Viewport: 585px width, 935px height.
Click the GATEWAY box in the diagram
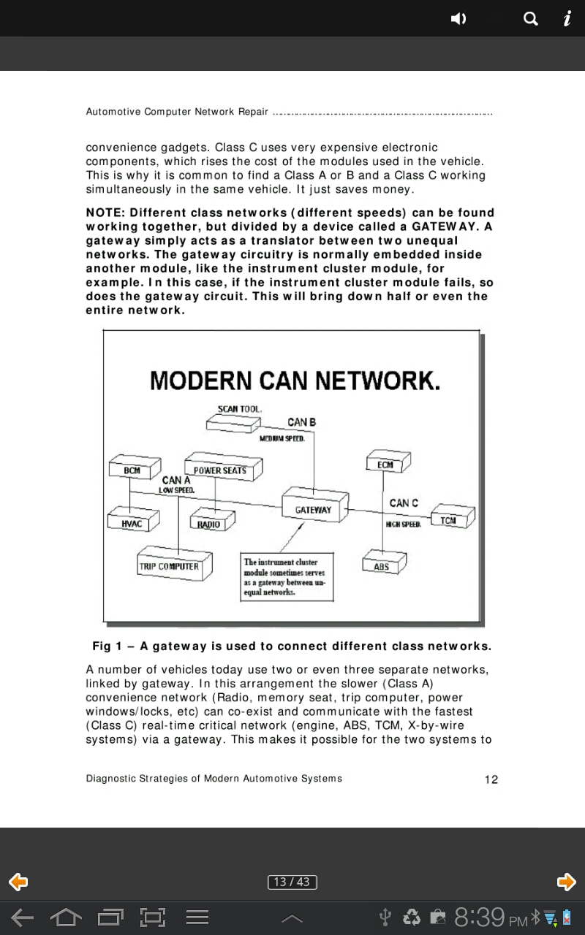pos(313,509)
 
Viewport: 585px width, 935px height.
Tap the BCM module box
pos(132,470)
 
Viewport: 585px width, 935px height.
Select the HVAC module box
pos(132,524)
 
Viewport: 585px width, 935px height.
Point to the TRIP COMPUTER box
pos(169,566)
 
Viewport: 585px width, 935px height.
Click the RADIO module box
pos(209,524)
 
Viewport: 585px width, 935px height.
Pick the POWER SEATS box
pos(219,470)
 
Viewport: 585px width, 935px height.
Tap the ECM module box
pos(385,465)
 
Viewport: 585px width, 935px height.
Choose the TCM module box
pos(448,520)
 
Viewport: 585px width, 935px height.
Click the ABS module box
pos(382,566)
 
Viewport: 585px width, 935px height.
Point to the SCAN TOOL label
pos(240,409)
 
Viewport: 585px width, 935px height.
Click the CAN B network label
pos(302,422)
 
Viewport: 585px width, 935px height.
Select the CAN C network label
pos(404,503)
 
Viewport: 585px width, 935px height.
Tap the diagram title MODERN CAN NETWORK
pos(295,381)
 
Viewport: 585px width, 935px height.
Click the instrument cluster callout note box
pos(287,577)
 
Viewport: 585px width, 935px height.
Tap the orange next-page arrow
pos(566,882)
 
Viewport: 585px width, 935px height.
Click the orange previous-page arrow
pos(18,882)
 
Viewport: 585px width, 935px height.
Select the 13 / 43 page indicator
pos(292,882)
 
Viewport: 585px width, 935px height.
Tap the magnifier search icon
pos(532,19)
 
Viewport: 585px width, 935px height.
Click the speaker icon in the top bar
pos(458,19)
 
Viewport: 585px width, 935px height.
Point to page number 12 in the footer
pos(491,779)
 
